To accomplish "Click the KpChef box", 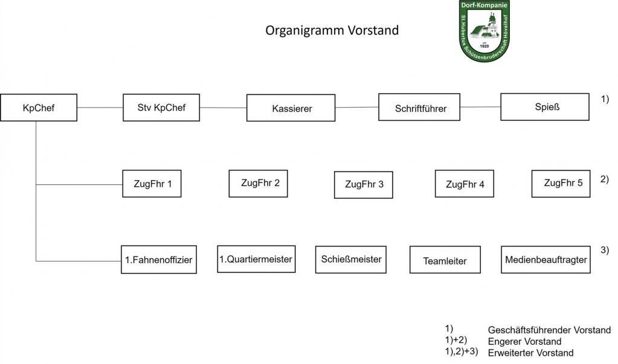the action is (39, 107).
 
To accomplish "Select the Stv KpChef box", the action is (161, 107).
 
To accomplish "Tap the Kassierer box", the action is (291, 108).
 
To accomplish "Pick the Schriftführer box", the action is (419, 107).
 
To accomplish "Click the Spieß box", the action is (545, 106).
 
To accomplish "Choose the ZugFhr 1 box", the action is (152, 183).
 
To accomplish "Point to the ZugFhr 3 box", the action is (364, 184).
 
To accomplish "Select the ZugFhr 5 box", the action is (561, 183).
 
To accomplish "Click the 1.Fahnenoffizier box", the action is (159, 259).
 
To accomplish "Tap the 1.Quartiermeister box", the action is (256, 259).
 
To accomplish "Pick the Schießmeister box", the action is (351, 259).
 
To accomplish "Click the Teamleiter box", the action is (445, 259).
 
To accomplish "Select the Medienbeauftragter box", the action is (546, 259).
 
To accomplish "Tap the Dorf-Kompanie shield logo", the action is (484, 31).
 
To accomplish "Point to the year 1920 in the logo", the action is (484, 46).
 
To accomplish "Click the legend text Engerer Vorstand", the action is (524, 342).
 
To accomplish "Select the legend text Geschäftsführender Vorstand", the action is (549, 330).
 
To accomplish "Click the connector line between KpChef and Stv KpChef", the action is (100, 107).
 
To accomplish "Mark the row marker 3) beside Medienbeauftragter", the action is (605, 250).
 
